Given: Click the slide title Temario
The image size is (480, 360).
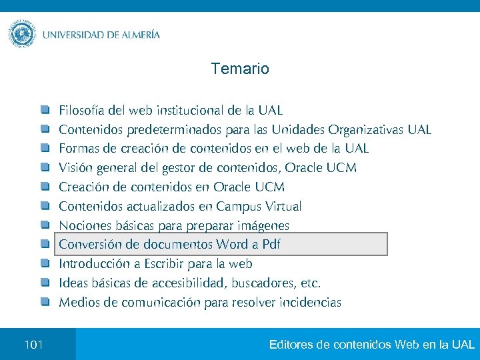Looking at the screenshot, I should [x=240, y=69].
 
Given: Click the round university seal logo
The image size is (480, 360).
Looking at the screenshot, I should [x=22, y=33].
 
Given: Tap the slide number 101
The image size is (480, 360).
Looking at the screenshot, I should [x=33, y=345].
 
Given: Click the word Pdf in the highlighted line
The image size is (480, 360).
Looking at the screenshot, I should [x=271, y=245].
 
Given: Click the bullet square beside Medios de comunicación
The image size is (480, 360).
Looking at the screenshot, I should [x=45, y=302].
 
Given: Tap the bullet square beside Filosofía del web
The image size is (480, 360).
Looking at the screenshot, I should [x=45, y=109].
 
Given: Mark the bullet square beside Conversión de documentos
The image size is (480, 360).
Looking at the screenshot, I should [x=45, y=244].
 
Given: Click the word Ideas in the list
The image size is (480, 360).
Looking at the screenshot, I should [x=73, y=283].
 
